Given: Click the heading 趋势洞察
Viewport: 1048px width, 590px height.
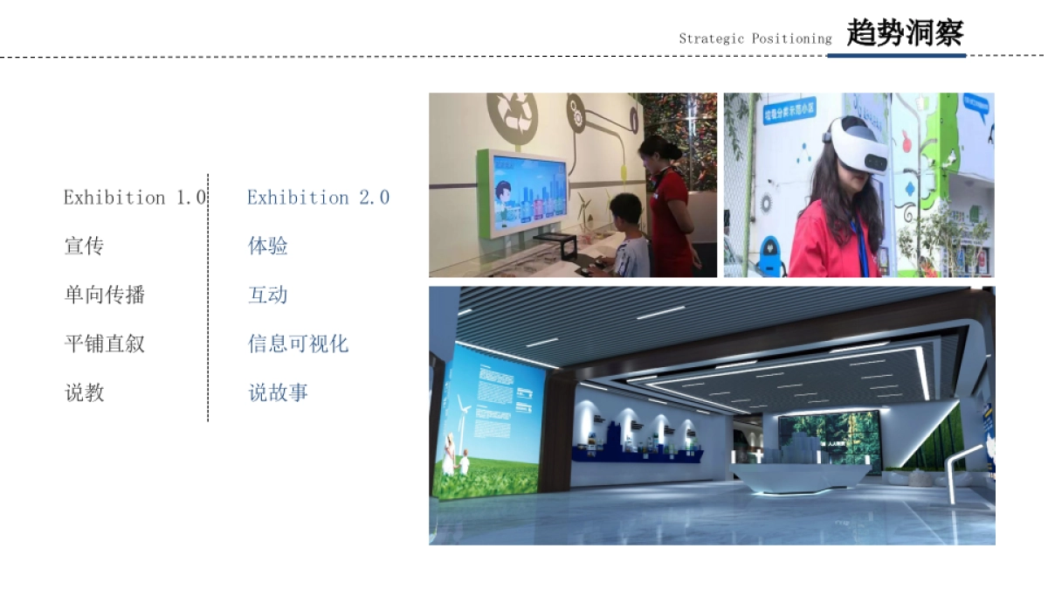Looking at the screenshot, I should [x=904, y=33].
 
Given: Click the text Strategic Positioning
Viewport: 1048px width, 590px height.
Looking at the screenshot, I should [x=755, y=38].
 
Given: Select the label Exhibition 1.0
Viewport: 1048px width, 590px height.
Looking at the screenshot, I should [x=134, y=198].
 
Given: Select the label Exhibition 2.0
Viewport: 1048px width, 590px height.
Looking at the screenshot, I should [x=318, y=198].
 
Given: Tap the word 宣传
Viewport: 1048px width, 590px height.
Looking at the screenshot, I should [x=84, y=246].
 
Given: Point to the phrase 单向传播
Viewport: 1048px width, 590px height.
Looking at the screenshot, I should [x=104, y=295].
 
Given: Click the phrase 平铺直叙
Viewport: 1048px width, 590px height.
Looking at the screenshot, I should [x=104, y=344].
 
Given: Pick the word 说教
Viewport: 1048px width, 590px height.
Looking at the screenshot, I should [x=84, y=393].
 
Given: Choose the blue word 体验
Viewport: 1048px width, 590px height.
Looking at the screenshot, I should [x=267, y=246].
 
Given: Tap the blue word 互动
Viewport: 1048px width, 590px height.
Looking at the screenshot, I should [x=267, y=295].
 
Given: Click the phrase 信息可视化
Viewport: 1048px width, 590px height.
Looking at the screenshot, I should [x=298, y=344].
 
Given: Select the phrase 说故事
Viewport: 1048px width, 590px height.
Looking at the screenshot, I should [x=278, y=393].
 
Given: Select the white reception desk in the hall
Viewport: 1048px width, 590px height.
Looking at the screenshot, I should [x=801, y=475].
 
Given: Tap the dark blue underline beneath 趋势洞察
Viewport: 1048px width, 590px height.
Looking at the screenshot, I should [x=897, y=55].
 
